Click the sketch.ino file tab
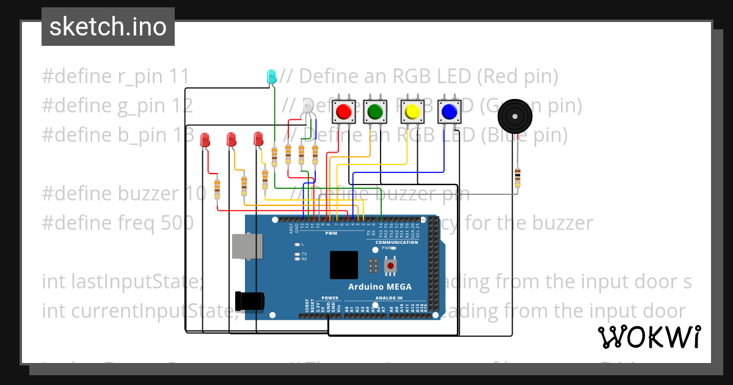click(108, 27)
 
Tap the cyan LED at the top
click(271, 76)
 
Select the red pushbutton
click(343, 112)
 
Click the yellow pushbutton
click(412, 112)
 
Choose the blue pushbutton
click(449, 112)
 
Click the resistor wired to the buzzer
click(517, 177)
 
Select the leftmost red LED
click(205, 140)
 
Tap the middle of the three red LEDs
click(231, 139)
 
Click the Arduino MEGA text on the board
click(379, 287)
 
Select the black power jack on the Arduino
click(250, 300)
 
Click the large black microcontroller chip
click(344, 265)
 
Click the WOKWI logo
click(649, 337)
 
